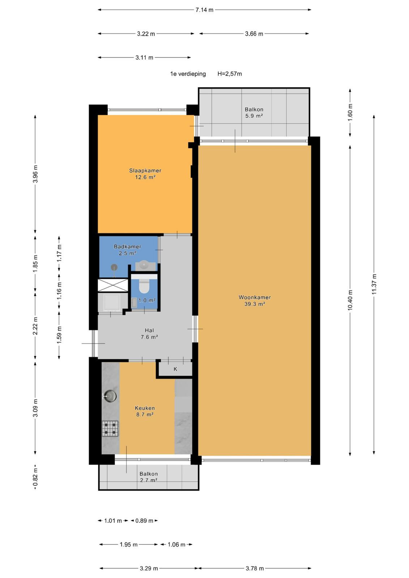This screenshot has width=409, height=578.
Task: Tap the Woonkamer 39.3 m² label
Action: pyautogui.click(x=255, y=300)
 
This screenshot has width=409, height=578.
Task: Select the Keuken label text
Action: pyautogui.click(x=145, y=408)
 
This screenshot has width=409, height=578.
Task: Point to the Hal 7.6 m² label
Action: pyautogui.click(x=149, y=333)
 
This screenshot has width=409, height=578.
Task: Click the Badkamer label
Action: pyautogui.click(x=127, y=246)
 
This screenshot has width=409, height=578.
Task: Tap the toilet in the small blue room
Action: pyautogui.click(x=144, y=287)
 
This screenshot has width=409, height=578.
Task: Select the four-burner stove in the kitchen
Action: pyautogui.click(x=110, y=428)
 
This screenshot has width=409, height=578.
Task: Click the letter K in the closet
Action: pyautogui.click(x=175, y=369)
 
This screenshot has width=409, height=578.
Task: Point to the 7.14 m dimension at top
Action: pyautogui.click(x=204, y=10)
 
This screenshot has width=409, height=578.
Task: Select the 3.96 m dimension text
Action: pyautogui.click(x=35, y=174)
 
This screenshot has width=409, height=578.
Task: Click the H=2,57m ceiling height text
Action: pyautogui.click(x=229, y=74)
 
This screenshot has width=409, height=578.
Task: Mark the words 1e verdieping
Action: pyautogui.click(x=188, y=74)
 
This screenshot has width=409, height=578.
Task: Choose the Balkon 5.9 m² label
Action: pyautogui.click(x=254, y=112)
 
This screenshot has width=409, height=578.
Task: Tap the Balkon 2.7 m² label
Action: pyautogui.click(x=149, y=477)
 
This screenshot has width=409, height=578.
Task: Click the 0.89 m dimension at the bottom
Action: pyautogui.click(x=144, y=521)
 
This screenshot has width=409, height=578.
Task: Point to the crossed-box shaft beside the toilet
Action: pyautogui.click(x=113, y=285)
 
